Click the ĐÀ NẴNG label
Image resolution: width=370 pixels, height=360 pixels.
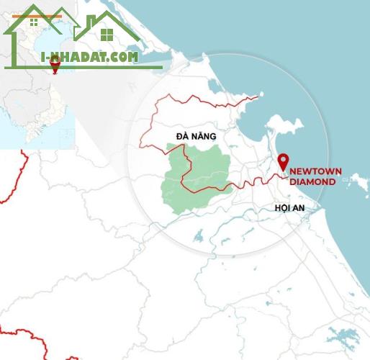tap(196, 135)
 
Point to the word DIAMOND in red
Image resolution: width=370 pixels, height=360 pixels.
tap(312, 182)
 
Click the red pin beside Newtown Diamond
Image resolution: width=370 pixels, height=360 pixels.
tap(283, 161)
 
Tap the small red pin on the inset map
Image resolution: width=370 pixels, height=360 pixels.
tap(55, 67)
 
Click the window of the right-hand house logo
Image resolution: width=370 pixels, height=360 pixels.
tap(107, 35)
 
